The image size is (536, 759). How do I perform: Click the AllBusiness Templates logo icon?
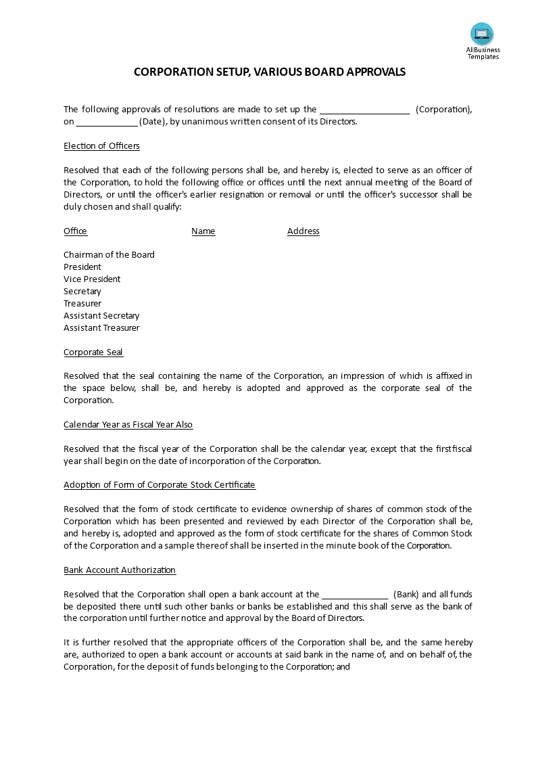(x=482, y=34)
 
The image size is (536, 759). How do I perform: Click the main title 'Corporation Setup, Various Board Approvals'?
(x=270, y=72)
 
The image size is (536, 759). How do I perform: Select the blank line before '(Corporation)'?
(x=364, y=110)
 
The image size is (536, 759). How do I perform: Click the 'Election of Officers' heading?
(x=101, y=146)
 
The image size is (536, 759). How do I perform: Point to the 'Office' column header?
(x=75, y=231)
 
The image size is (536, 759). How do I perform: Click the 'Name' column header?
(x=203, y=231)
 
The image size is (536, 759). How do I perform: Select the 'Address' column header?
(x=303, y=231)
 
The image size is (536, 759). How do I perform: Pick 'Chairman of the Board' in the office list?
(x=109, y=255)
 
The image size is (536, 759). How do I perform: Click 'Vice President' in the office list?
(x=92, y=279)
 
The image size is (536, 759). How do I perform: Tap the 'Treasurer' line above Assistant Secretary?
(x=82, y=304)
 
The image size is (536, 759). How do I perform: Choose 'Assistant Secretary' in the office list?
(x=101, y=316)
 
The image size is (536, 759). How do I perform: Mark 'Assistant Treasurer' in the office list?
(x=101, y=328)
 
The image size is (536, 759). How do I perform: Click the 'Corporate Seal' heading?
(x=93, y=352)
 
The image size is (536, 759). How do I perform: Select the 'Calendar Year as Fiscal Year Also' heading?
(x=128, y=425)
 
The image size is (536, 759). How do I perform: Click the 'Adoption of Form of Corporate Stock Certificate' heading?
(x=160, y=485)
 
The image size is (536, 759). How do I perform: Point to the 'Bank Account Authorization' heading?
(x=120, y=570)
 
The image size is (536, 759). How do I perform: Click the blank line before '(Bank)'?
(x=355, y=595)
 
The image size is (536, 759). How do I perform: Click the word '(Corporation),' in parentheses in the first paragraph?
(x=443, y=110)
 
